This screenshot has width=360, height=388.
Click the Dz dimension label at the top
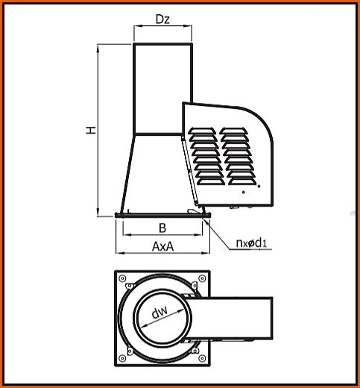(162, 19)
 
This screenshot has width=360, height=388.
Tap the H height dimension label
(91, 130)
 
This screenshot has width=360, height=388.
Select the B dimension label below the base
(162, 228)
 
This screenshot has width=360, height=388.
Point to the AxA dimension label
(163, 246)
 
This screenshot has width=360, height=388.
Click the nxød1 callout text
(251, 242)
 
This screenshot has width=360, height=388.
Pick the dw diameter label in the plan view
(160, 313)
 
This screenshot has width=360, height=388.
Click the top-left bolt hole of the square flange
(122, 278)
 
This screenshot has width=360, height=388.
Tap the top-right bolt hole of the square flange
(202, 278)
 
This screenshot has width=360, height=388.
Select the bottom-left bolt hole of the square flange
(122, 358)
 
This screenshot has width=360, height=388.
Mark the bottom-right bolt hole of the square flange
(202, 358)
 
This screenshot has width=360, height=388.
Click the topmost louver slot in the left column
(201, 131)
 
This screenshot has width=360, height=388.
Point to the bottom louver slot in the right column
(242, 181)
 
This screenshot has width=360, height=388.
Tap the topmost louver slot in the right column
(233, 131)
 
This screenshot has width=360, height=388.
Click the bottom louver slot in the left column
(211, 181)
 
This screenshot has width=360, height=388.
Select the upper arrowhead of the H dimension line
(98, 48)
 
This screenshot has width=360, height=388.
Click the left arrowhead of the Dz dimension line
(138, 25)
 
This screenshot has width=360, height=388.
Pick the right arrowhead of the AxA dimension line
(206, 253)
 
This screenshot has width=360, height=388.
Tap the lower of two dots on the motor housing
(244, 192)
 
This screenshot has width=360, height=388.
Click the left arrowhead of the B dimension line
(127, 234)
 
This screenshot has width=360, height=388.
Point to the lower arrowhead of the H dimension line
(98, 212)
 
